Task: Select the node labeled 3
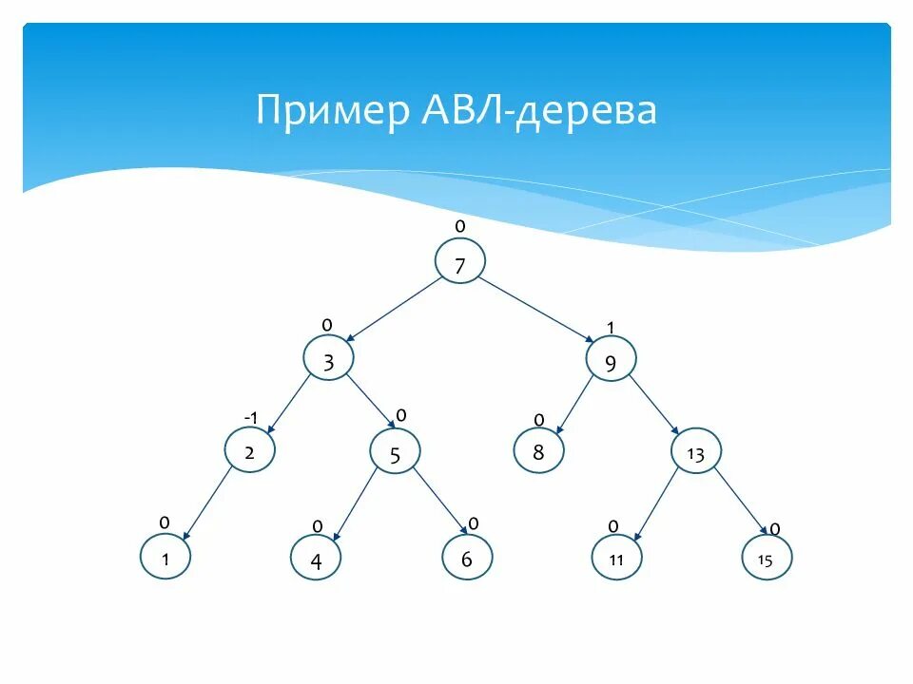tap(328, 360)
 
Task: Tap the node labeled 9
tap(610, 361)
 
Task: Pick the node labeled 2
tap(249, 451)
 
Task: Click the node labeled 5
tap(395, 454)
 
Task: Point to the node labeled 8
tap(538, 451)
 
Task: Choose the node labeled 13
tap(695, 454)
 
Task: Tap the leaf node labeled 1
tap(165, 559)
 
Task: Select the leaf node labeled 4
tap(316, 560)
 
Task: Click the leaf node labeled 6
tap(467, 559)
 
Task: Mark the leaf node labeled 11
tap(616, 559)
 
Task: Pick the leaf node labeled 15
tap(766, 560)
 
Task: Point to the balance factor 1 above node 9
tap(611, 328)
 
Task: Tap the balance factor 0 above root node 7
tap(460, 226)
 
